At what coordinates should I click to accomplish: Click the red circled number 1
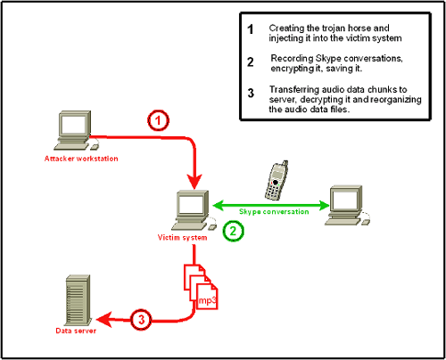pyautogui.click(x=157, y=122)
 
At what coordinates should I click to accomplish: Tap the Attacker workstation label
pyautogui.click(x=81, y=159)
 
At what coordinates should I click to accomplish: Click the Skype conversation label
pyautogui.click(x=274, y=211)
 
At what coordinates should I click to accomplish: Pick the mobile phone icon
pyautogui.click(x=277, y=181)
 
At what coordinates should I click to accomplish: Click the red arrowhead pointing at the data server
pyautogui.click(x=103, y=318)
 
